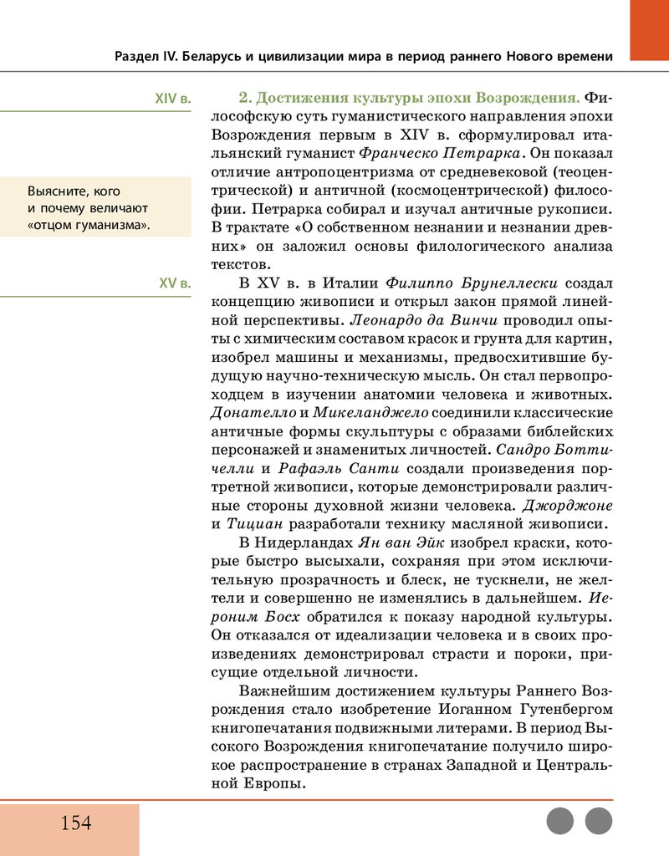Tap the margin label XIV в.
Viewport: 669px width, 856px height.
[173, 99]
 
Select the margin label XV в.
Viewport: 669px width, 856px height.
[175, 283]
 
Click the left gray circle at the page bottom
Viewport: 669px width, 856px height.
[560, 821]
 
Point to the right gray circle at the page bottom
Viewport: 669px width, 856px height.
[599, 821]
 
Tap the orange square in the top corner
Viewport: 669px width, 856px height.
[649, 29]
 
